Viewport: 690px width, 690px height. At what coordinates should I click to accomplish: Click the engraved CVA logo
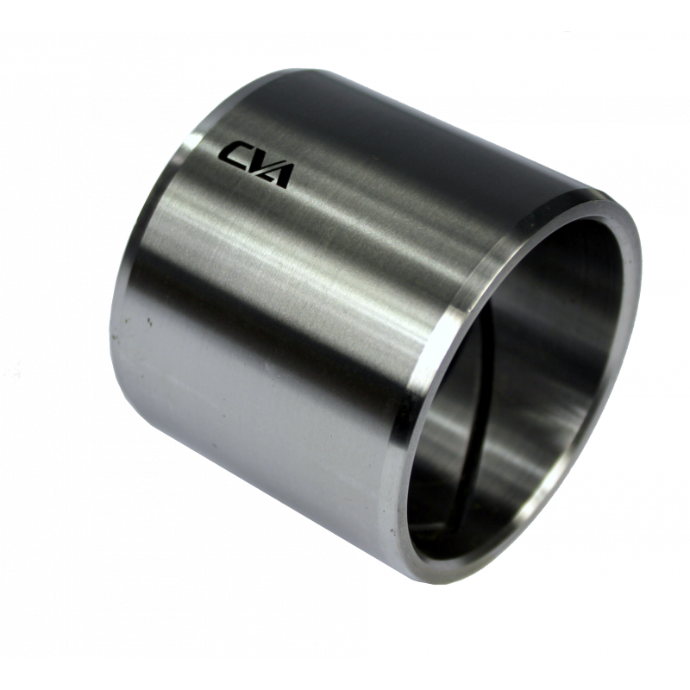point(255,165)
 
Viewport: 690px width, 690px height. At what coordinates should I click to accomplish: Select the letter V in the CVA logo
point(254,164)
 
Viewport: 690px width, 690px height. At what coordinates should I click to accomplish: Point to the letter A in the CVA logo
point(278,177)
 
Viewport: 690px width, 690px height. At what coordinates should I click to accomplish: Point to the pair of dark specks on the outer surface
point(149,321)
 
